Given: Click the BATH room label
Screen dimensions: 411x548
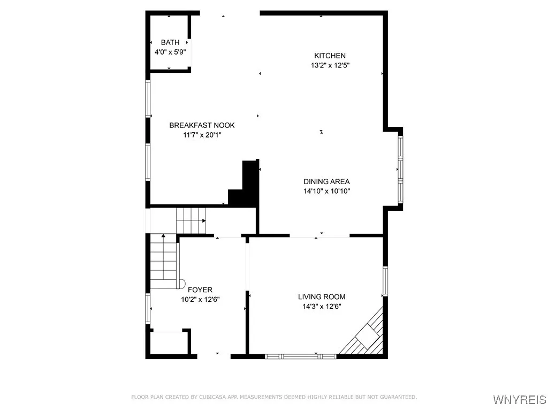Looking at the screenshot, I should (x=170, y=43).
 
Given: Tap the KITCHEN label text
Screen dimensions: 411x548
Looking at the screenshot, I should (x=330, y=56).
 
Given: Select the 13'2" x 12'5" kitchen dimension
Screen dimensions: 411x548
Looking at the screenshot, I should (x=330, y=65).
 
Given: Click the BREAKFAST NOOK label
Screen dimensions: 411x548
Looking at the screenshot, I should (x=202, y=125).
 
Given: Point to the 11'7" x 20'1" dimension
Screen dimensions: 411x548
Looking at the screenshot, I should (x=202, y=135).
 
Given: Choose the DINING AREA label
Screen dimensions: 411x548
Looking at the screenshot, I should (x=326, y=181).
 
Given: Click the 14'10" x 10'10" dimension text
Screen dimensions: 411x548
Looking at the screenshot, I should (x=326, y=191).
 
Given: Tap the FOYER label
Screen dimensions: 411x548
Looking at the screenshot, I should (x=200, y=290).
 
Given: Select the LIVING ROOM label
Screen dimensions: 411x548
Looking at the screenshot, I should (x=322, y=296).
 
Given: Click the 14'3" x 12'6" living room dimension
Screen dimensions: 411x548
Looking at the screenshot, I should (x=322, y=306).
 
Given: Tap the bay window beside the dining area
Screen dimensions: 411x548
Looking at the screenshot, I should (x=400, y=169).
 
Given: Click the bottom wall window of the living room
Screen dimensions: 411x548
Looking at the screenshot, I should (x=301, y=355).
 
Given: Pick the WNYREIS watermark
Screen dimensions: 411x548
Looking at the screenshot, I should (x=519, y=400).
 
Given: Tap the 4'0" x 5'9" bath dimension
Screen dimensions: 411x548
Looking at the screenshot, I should (x=170, y=52).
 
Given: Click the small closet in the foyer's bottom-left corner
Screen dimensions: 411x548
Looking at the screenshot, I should (x=168, y=342).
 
